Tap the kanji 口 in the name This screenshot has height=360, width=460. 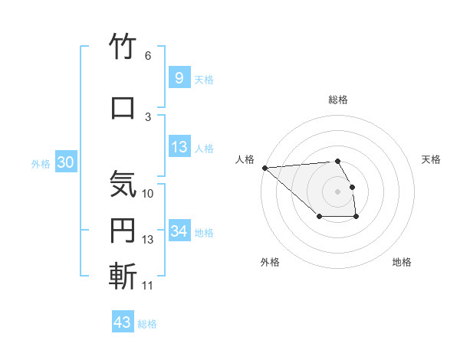(123, 106)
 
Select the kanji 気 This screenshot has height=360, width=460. (123, 184)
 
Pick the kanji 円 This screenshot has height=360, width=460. (123, 231)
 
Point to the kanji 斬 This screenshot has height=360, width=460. (123, 275)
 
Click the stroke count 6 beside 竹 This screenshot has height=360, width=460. (148, 56)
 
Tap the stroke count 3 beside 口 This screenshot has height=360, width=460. (148, 116)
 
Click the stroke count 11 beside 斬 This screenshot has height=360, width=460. (148, 285)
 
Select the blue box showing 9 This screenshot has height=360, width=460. (179, 77)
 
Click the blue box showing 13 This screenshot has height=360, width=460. (179, 147)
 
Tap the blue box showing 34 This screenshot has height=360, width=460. (179, 231)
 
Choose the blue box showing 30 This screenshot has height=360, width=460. (65, 162)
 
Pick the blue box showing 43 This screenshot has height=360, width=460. (122, 322)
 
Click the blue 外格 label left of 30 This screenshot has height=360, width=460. (41, 163)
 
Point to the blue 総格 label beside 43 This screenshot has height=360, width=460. (148, 324)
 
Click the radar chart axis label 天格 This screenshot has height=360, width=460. (432, 159)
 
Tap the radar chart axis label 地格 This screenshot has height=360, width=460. (402, 262)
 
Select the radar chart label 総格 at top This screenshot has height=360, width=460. (338, 100)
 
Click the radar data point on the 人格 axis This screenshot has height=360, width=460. (264, 167)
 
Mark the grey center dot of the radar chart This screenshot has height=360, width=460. (337, 191)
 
